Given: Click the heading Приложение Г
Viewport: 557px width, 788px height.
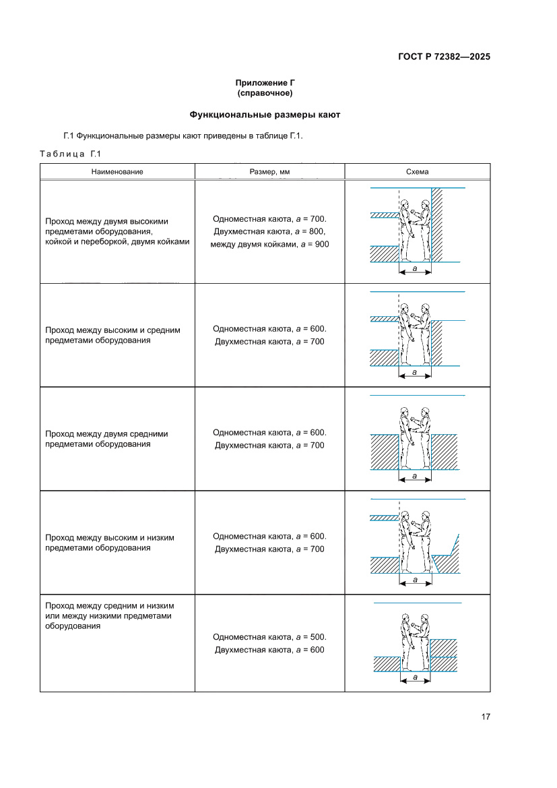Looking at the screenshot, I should (x=265, y=82).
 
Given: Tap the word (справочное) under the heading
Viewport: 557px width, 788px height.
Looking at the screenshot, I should (x=265, y=92).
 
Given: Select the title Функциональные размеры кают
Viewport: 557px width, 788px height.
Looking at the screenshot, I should (x=265, y=115).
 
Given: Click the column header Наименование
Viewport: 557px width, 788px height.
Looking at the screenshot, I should (x=118, y=171).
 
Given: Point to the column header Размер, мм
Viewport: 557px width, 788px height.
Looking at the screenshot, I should (x=269, y=171).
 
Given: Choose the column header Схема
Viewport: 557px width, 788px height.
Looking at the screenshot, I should (x=417, y=171).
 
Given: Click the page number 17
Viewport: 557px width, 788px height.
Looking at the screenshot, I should (x=486, y=716).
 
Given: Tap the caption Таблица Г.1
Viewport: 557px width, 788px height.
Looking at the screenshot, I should (x=70, y=154).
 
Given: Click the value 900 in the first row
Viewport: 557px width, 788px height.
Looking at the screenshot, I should (x=321, y=243).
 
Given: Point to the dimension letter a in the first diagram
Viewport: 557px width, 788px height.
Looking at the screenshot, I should (x=415, y=269).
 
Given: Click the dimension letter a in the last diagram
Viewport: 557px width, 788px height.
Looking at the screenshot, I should (x=415, y=677).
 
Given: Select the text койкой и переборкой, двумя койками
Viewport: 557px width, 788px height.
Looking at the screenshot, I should (x=117, y=241).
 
